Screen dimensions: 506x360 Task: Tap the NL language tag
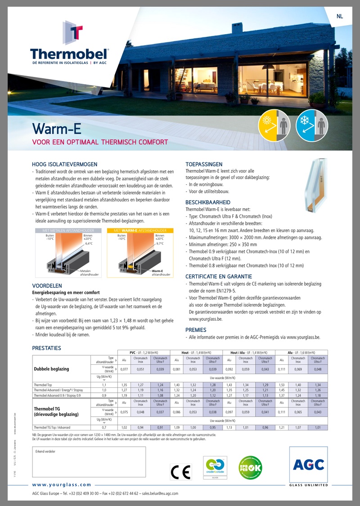(x=339, y=17)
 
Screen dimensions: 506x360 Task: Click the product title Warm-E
(x=57, y=129)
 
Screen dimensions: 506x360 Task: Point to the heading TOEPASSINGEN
(x=204, y=164)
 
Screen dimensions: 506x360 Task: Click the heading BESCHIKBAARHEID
(x=208, y=202)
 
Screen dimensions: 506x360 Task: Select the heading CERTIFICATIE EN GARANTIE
(x=219, y=277)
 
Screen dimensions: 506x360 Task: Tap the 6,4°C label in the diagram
(x=89, y=243)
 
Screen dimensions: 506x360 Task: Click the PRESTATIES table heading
(x=46, y=348)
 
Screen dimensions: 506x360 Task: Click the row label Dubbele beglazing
(x=51, y=369)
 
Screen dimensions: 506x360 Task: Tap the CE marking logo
(x=180, y=471)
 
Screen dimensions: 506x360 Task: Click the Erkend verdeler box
(x=89, y=461)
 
